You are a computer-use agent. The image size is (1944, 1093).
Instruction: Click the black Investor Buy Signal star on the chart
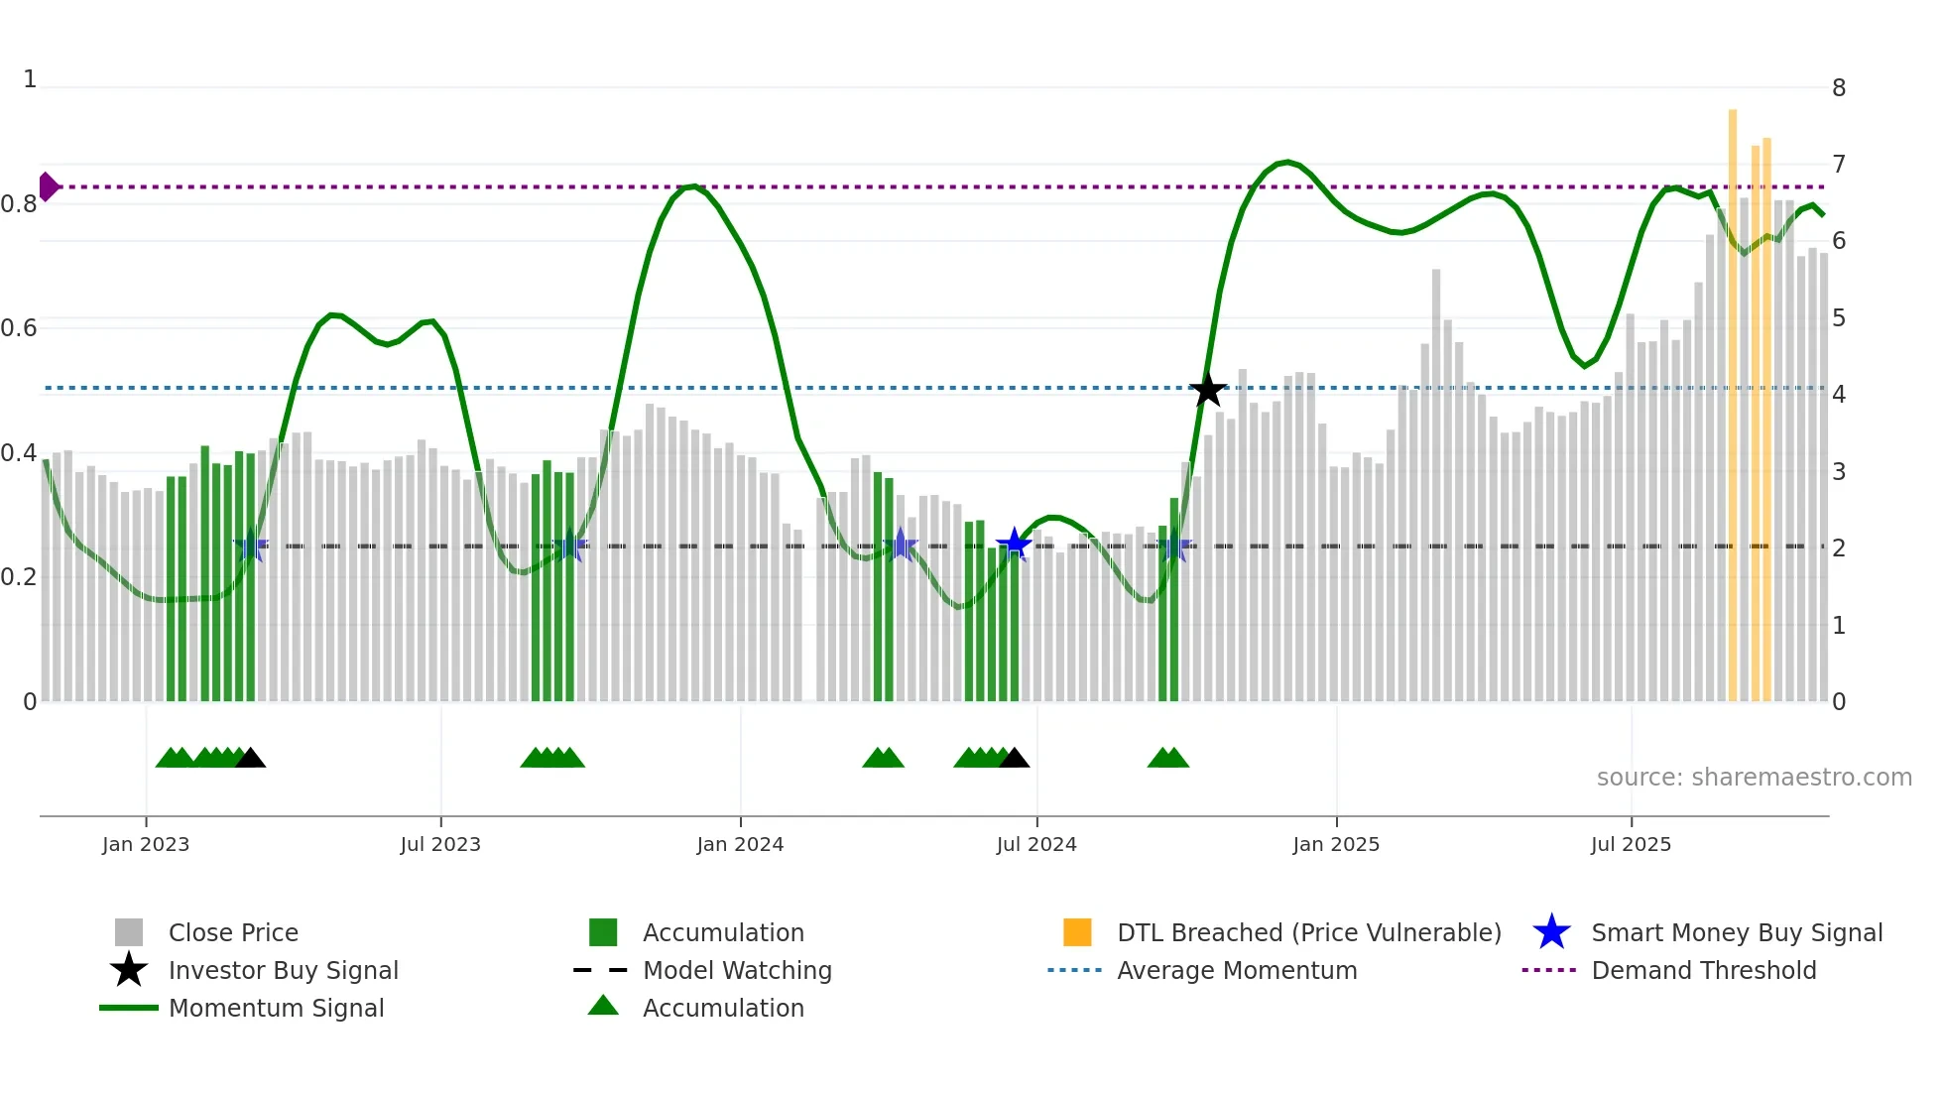[x=1207, y=390]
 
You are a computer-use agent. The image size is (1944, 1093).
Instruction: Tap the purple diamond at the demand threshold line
[x=48, y=186]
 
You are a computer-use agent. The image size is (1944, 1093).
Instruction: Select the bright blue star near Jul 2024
[x=1014, y=544]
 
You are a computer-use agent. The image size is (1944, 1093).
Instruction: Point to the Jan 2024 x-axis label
[x=740, y=844]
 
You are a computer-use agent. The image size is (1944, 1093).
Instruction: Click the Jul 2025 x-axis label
[x=1631, y=844]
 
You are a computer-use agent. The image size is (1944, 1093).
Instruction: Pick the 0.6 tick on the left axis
[x=20, y=328]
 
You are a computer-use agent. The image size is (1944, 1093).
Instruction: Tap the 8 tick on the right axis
[x=1839, y=88]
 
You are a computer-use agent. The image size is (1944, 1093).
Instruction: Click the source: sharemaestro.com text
[x=1754, y=778]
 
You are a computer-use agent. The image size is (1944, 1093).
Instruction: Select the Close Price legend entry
[x=233, y=932]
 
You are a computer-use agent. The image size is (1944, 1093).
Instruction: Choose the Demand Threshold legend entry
[x=1703, y=970]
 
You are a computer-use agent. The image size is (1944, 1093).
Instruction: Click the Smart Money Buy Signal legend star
[x=1551, y=932]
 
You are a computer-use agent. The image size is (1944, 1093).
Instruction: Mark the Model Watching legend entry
[x=737, y=970]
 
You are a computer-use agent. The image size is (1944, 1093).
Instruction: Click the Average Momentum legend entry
[x=1236, y=970]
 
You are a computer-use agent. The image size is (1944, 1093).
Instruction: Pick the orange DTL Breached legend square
[x=1077, y=932]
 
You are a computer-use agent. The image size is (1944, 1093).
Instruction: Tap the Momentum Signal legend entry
[x=276, y=1008]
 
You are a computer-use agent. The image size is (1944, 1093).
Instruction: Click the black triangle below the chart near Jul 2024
[x=1014, y=759]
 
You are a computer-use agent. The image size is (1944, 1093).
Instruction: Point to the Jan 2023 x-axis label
[x=146, y=844]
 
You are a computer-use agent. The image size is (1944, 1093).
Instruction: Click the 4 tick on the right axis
[x=1839, y=395]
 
